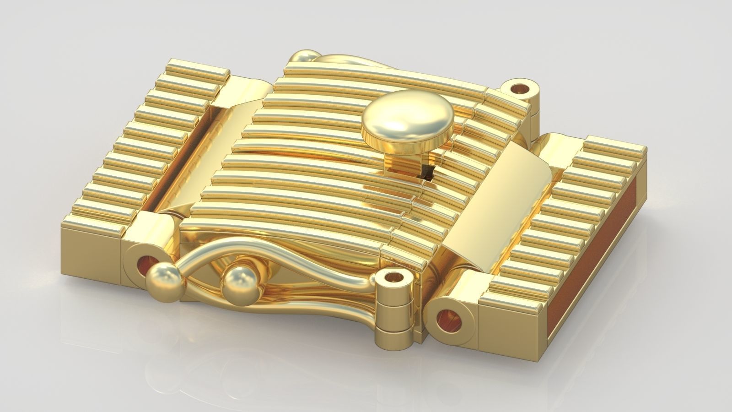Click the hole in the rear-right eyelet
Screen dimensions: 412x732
pos(519,87)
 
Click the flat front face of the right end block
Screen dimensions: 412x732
pos(512,334)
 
